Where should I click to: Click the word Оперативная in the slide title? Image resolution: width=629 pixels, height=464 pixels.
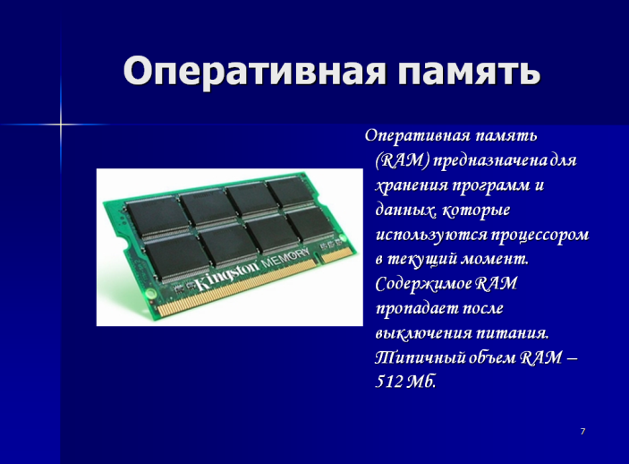pyautogui.click(x=254, y=72)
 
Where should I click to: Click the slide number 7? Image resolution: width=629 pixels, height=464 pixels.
pyautogui.click(x=582, y=432)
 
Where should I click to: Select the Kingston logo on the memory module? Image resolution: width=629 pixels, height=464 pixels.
pyautogui.click(x=227, y=276)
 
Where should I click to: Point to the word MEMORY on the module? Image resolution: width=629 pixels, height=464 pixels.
pyautogui.click(x=285, y=259)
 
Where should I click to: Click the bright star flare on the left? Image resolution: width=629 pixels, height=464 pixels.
pyautogui.click(x=61, y=125)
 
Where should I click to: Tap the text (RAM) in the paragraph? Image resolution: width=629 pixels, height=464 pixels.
pyautogui.click(x=403, y=160)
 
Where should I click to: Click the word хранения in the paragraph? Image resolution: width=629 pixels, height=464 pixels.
pyautogui.click(x=412, y=186)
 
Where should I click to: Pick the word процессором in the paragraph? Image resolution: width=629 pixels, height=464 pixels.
pyautogui.click(x=540, y=236)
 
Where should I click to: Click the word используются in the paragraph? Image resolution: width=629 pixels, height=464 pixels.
pyautogui.click(x=430, y=236)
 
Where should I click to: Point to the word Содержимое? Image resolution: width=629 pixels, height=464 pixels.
pyautogui.click(x=423, y=284)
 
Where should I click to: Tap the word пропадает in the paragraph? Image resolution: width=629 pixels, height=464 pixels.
pyautogui.click(x=417, y=309)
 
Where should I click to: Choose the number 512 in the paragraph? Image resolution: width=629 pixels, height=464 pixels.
pyautogui.click(x=388, y=382)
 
